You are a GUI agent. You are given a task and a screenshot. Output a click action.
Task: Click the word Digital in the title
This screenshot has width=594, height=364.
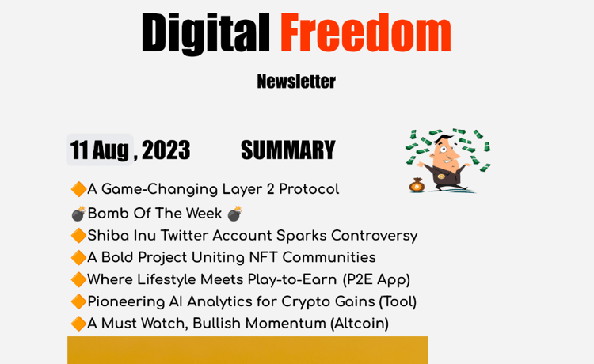tap(205, 33)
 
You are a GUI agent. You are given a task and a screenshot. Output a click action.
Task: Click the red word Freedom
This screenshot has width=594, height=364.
tap(366, 32)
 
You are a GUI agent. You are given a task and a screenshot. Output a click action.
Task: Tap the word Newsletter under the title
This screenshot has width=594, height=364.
tap(296, 81)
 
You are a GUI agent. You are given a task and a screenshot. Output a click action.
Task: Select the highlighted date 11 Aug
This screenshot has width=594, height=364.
tap(100, 150)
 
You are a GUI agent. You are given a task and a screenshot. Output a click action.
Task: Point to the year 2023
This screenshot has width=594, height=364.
tap(166, 150)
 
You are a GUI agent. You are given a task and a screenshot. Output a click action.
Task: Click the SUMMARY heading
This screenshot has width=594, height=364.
tap(288, 150)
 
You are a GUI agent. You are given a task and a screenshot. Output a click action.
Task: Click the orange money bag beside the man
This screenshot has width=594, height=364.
tap(417, 185)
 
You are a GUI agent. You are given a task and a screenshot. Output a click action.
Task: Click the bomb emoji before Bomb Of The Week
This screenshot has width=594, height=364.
tap(78, 214)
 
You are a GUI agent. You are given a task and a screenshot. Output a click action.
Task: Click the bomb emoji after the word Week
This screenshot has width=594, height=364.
tap(234, 214)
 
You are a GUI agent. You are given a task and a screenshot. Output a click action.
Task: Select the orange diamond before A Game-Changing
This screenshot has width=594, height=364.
tap(78, 189)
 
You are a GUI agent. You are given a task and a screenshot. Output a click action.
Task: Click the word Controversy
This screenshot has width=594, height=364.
tap(375, 236)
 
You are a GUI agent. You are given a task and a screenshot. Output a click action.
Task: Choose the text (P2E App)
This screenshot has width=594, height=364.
tap(376, 279)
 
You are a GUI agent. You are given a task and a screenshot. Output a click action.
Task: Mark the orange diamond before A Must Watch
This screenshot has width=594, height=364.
tap(78, 324)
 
